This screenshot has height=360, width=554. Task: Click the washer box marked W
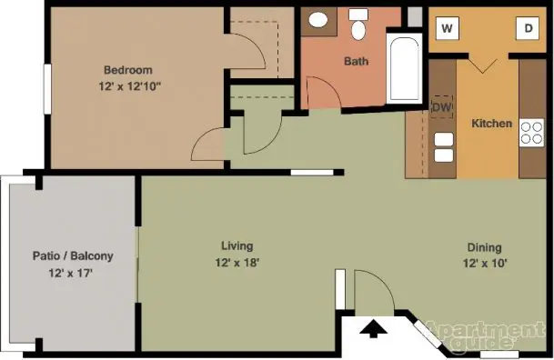[448, 28]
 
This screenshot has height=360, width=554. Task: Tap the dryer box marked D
[528, 28]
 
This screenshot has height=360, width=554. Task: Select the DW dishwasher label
[441, 107]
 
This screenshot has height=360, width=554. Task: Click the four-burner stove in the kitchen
[531, 133]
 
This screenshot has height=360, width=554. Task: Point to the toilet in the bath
[358, 24]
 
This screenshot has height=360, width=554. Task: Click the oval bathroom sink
[318, 20]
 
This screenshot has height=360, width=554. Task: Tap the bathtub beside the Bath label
[404, 68]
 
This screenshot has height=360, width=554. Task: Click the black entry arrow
[374, 328]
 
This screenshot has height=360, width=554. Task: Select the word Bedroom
[128, 70]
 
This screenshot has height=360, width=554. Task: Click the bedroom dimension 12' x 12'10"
[130, 86]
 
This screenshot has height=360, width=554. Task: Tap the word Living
[237, 246]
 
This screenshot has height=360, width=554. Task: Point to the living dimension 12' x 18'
[237, 263]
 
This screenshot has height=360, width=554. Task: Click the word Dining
[484, 247]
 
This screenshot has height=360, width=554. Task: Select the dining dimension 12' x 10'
[485, 264]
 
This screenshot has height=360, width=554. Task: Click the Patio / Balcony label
[73, 255]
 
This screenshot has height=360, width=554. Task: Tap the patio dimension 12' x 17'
[71, 273]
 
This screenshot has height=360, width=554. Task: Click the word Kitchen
[492, 124]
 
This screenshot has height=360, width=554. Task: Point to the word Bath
[357, 62]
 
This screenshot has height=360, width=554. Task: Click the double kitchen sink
[443, 147]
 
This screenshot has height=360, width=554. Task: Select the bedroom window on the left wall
[47, 89]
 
